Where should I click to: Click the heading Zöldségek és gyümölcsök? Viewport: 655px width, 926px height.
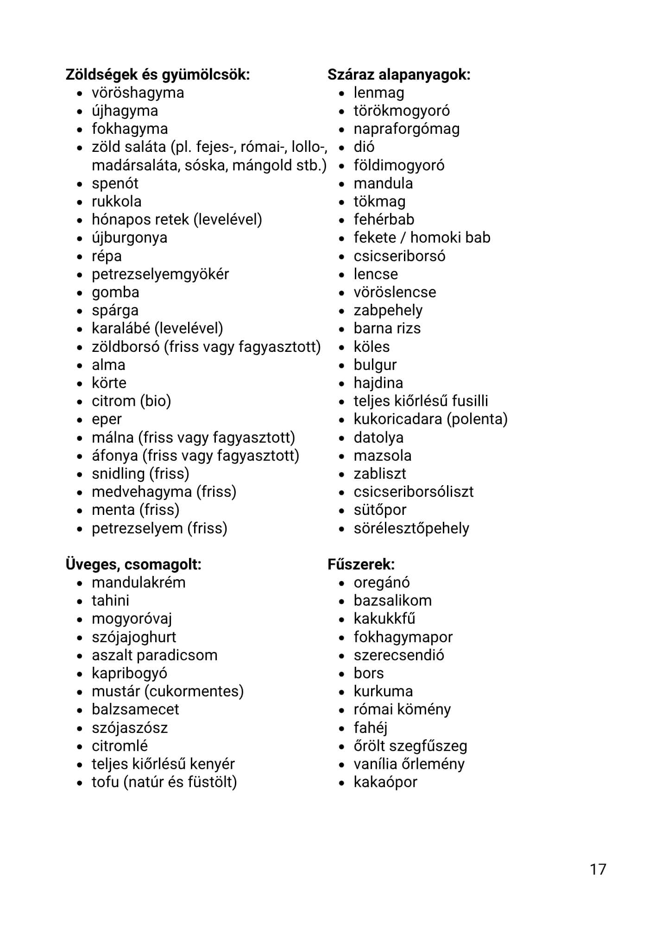click(x=157, y=75)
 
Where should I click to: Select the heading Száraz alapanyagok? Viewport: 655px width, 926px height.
click(x=399, y=75)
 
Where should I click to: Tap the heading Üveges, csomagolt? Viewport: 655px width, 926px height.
click(x=133, y=564)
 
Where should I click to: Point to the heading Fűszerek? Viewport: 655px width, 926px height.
click(x=361, y=564)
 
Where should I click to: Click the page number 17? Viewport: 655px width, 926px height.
click(x=598, y=869)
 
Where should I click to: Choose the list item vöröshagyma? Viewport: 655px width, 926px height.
click(x=138, y=93)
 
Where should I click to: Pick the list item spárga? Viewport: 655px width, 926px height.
click(x=115, y=310)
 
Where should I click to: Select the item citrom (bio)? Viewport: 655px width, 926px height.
click(x=131, y=401)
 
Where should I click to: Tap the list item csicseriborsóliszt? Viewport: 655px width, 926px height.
click(x=413, y=491)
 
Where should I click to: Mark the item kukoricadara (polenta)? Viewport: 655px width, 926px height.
click(x=430, y=419)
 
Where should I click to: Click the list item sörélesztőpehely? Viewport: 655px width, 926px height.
click(x=411, y=528)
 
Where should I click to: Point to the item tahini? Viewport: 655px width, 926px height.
click(x=110, y=601)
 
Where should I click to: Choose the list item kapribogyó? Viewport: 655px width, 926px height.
click(x=129, y=673)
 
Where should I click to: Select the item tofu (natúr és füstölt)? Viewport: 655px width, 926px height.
click(x=164, y=782)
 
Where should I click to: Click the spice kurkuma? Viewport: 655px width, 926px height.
click(x=383, y=691)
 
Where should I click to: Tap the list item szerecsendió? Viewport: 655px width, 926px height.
click(x=398, y=655)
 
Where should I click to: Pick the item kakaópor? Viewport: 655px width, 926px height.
click(x=385, y=782)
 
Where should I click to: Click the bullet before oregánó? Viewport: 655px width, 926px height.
click(x=342, y=583)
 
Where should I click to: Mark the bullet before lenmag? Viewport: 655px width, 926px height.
click(x=342, y=94)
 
